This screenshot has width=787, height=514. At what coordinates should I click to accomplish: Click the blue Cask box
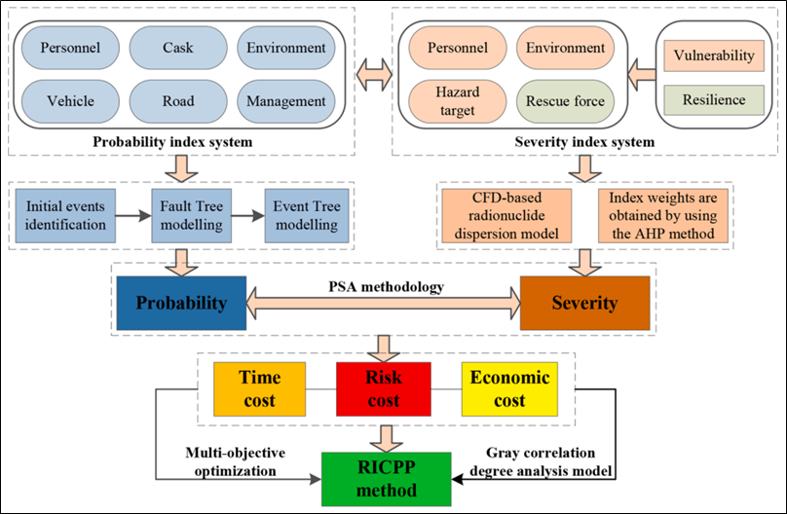click(x=178, y=48)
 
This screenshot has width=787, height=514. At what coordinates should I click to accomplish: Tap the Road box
click(x=178, y=100)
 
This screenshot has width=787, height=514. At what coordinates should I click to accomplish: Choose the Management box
click(x=286, y=100)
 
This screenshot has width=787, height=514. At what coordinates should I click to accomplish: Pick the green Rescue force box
click(x=565, y=100)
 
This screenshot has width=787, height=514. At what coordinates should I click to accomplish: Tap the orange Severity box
click(x=584, y=303)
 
